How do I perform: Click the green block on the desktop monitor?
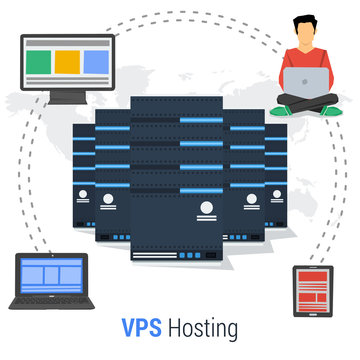[35, 62]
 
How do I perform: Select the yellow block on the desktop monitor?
[65, 62]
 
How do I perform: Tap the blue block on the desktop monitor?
[94, 62]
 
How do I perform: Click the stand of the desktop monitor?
[65, 94]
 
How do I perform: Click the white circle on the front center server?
[205, 208]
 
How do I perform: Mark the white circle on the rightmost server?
[254, 199]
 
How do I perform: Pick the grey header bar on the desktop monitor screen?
[65, 44]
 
